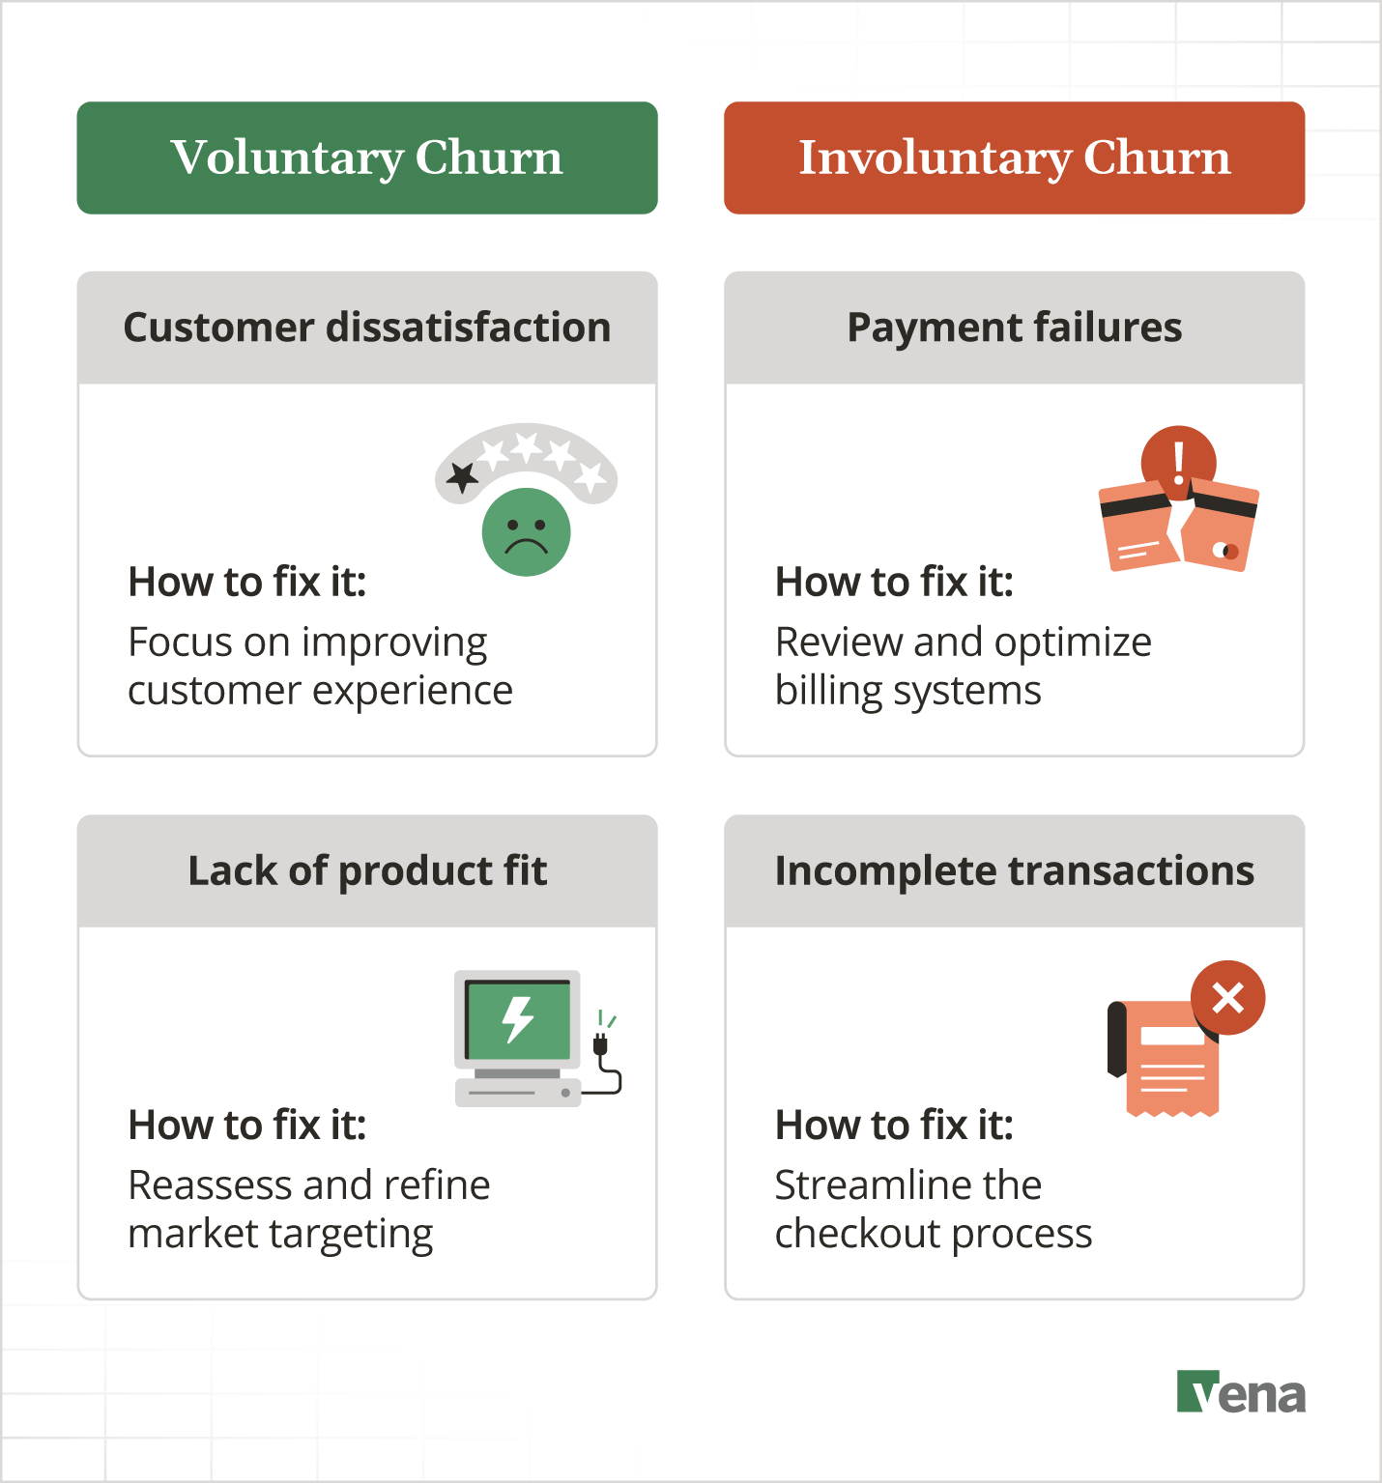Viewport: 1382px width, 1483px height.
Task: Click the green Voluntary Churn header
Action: (367, 157)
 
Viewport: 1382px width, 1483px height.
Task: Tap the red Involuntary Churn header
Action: (1014, 157)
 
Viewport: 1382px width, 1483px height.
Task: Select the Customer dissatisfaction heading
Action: (367, 328)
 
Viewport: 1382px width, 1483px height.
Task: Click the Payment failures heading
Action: (1014, 328)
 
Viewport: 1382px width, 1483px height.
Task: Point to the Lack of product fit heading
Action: (367, 870)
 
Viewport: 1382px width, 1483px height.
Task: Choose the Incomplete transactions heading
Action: (1014, 870)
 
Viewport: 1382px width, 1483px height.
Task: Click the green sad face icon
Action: (527, 532)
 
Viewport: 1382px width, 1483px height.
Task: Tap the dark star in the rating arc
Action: (463, 476)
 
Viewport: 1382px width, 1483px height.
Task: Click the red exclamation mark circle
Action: (1178, 461)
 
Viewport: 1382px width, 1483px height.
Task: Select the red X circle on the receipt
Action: (1227, 998)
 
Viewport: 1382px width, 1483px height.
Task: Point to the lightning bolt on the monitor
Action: (518, 1018)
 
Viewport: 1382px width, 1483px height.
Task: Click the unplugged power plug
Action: (600, 1043)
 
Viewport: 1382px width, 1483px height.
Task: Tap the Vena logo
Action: (1241, 1392)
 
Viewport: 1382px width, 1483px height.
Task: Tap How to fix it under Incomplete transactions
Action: (894, 1125)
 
